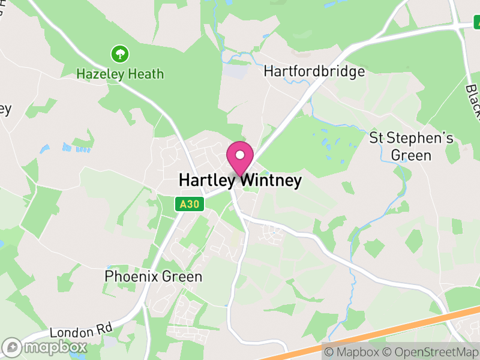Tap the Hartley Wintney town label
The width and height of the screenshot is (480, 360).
pos(240,181)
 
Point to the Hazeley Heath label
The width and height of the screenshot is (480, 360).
pos(120,74)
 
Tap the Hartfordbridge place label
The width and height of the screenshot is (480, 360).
pos(314,72)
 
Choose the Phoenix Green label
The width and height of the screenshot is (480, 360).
pos(154,277)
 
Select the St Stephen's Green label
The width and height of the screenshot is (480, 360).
pos(411,147)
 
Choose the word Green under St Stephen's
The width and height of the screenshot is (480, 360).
pos(411,155)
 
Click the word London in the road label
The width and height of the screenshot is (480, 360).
pos(65,333)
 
